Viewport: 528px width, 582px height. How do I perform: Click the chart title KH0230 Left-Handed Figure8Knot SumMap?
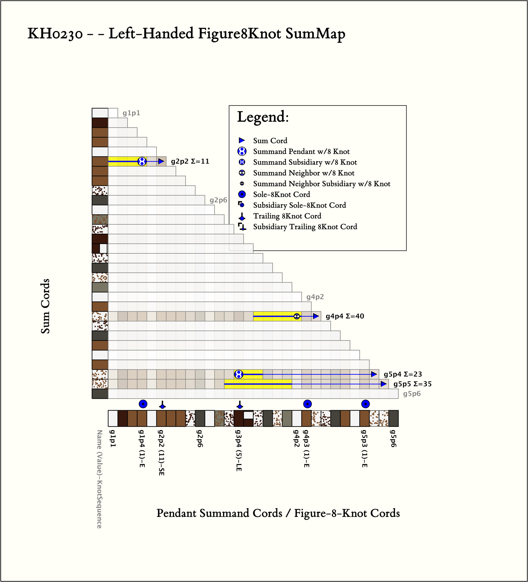186,34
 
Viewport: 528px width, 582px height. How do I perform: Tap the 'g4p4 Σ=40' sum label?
345,316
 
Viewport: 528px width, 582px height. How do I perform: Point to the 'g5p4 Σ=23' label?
403,374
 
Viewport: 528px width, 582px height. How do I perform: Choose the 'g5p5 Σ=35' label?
412,384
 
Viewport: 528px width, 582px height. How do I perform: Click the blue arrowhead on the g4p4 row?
316,316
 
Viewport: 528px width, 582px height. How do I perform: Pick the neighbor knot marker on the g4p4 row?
296,316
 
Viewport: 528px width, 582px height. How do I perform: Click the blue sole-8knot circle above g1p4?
143,404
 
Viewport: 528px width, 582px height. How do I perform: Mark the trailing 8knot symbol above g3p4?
240,405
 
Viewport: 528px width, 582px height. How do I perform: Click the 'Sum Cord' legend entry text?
270,141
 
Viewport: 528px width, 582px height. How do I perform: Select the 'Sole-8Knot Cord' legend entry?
282,195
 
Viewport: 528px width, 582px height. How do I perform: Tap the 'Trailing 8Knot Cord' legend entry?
287,216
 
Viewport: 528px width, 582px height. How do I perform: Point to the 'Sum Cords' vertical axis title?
45,306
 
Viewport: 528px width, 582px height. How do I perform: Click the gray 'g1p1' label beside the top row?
131,113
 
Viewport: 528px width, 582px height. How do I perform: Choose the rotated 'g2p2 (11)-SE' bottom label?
161,452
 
